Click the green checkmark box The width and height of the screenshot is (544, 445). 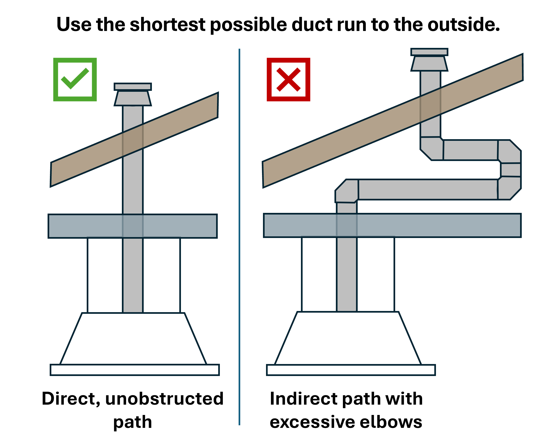click(x=75, y=80)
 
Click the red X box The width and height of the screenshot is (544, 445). click(x=289, y=80)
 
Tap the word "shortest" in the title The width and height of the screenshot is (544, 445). click(x=168, y=25)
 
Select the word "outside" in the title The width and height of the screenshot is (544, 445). click(x=463, y=25)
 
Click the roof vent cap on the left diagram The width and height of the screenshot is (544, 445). click(x=133, y=94)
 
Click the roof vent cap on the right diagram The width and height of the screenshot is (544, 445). click(x=429, y=59)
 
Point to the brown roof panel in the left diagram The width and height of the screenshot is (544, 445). click(x=134, y=140)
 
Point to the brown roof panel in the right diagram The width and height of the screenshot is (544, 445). click(x=393, y=121)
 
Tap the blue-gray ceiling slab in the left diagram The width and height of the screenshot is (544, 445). click(x=133, y=226)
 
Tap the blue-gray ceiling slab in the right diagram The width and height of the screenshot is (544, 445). click(x=392, y=225)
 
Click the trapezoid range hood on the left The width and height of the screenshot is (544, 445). click(x=133, y=338)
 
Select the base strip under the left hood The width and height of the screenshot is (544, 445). click(x=135, y=370)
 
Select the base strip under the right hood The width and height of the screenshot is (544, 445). click(x=351, y=370)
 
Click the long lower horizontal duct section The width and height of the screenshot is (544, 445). click(x=428, y=189)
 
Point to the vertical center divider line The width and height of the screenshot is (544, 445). click(x=239, y=237)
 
